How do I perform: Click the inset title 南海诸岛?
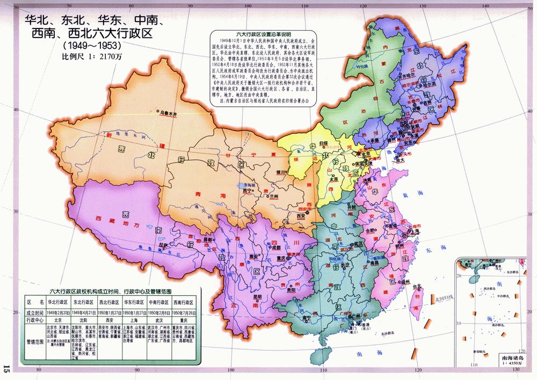pyautogui.click(x=511, y=359)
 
